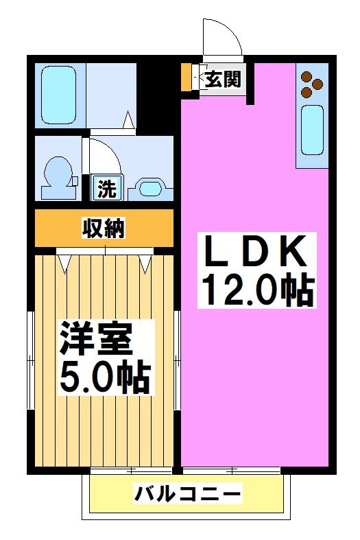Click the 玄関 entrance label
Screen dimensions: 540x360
coord(224,79)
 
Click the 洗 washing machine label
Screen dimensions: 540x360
coord(106,188)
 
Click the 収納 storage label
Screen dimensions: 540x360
coord(104,228)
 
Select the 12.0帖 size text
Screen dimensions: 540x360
coord(254,291)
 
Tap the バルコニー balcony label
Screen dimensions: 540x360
coord(187,493)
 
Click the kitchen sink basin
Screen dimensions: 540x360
coord(312,131)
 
